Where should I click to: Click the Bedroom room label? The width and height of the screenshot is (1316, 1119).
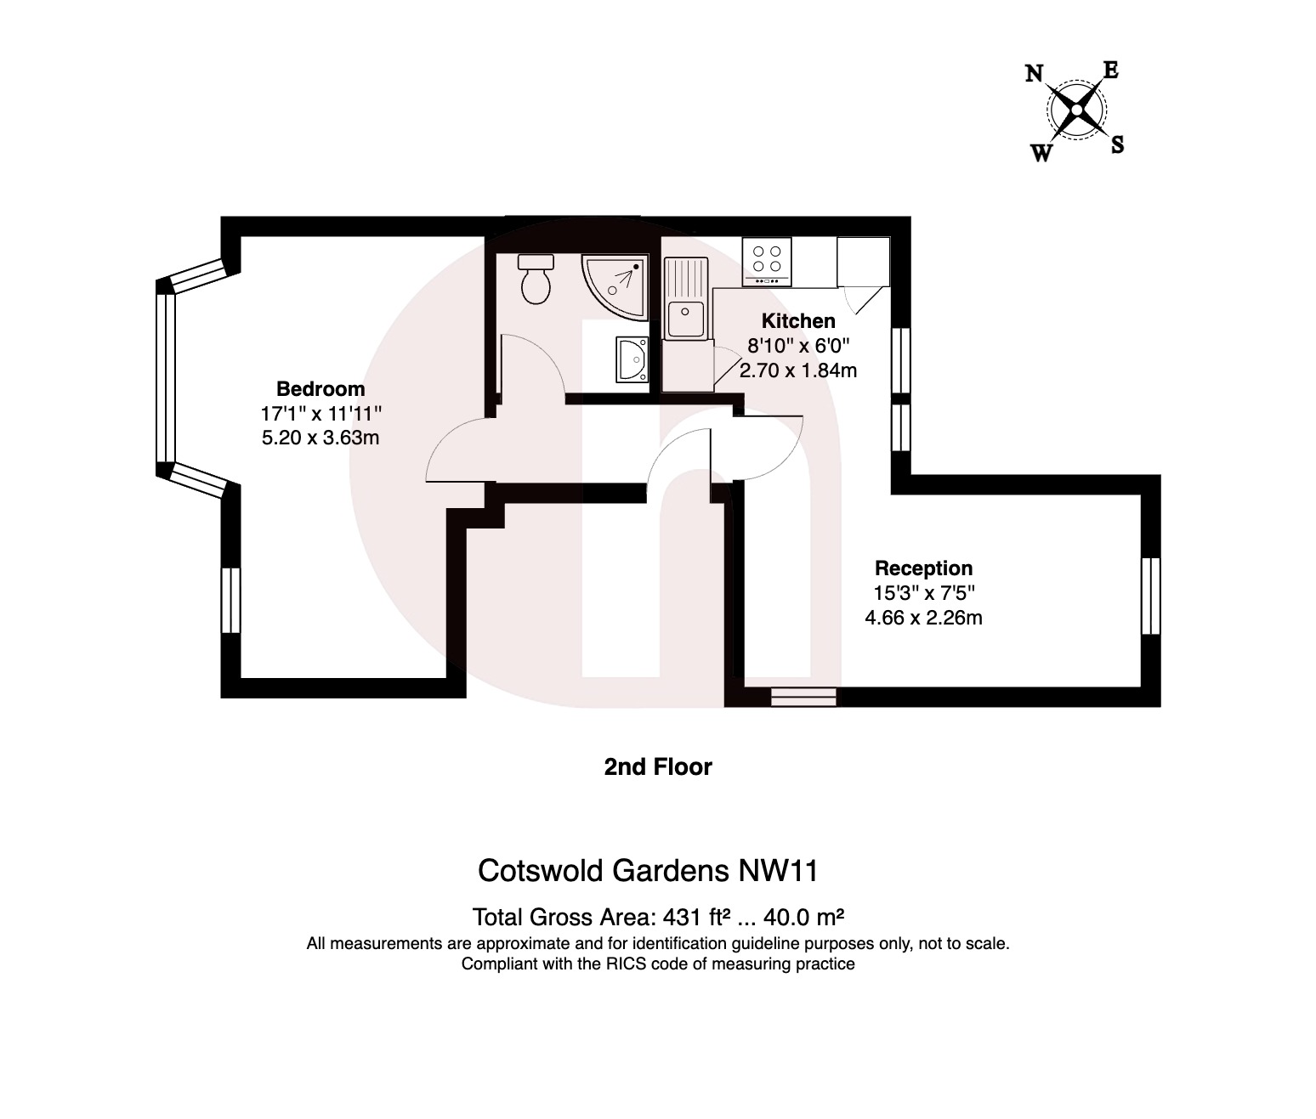(x=320, y=389)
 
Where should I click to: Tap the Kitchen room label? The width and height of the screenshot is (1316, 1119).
(x=797, y=321)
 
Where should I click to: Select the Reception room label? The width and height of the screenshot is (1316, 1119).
(x=923, y=568)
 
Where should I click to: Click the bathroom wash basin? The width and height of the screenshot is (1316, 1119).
(x=632, y=359)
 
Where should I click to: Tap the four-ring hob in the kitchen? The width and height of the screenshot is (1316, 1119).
(x=767, y=261)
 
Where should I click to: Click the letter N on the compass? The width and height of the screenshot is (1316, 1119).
(x=1035, y=74)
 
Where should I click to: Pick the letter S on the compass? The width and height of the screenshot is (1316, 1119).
(x=1118, y=145)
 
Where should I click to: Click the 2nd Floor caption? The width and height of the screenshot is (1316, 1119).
(x=658, y=767)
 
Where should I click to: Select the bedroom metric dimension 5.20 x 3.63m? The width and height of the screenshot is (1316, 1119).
(x=320, y=438)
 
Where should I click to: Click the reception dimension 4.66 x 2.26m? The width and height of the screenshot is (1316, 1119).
(x=923, y=618)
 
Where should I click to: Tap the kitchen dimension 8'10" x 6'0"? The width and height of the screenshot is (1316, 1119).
(x=797, y=346)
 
